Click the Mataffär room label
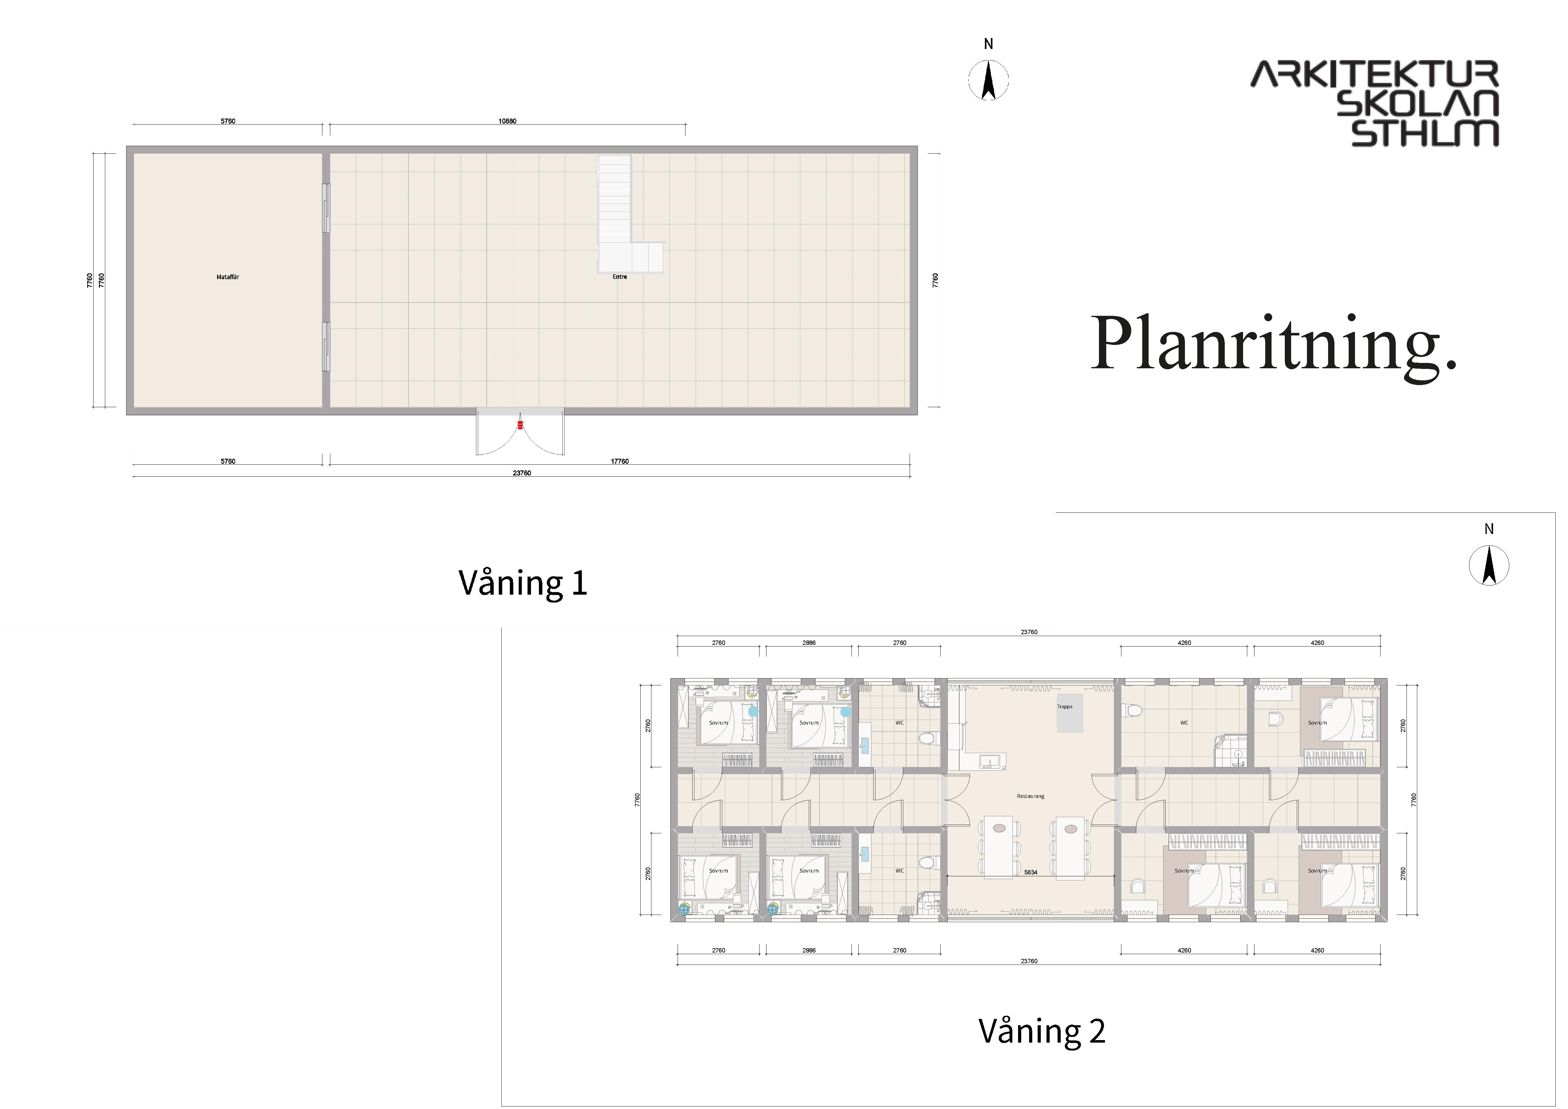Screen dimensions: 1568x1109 [x=228, y=277]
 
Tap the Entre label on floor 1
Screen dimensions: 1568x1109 [x=619, y=277]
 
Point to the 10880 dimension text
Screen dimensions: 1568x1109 [x=507, y=121]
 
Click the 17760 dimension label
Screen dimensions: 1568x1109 [x=619, y=461]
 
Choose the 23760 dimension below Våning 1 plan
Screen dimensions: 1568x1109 [x=522, y=473]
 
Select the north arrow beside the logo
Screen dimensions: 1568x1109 [x=988, y=79]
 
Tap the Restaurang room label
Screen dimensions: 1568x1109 [x=1031, y=796]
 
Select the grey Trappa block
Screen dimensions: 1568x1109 [x=1070, y=714]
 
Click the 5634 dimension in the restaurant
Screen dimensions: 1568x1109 [x=1031, y=872]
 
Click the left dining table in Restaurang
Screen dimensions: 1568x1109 [x=998, y=847]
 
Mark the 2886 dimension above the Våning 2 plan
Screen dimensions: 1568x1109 [x=808, y=643]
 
